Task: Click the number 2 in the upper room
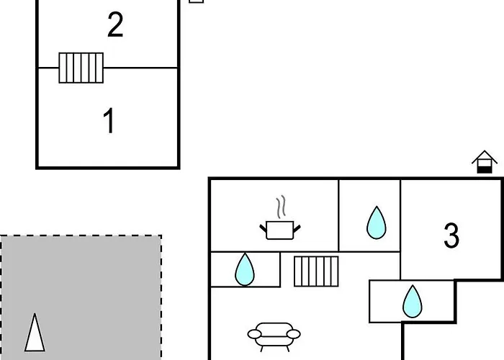point(115,25)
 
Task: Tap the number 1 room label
point(109,121)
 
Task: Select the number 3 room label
point(451,235)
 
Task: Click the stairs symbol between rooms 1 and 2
point(81,68)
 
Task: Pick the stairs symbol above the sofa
point(316,271)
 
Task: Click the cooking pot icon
point(280,230)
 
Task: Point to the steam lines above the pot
point(282,207)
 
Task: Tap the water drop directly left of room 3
point(376,222)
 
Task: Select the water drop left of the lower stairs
point(246,270)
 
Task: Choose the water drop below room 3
point(412,301)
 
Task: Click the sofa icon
point(274,335)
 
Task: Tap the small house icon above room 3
point(485,162)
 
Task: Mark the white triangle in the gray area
point(34,333)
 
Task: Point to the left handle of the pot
point(263,228)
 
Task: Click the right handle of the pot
point(297,228)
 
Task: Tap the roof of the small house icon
point(485,156)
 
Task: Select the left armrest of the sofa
point(253,333)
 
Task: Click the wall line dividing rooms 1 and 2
point(144,68)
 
